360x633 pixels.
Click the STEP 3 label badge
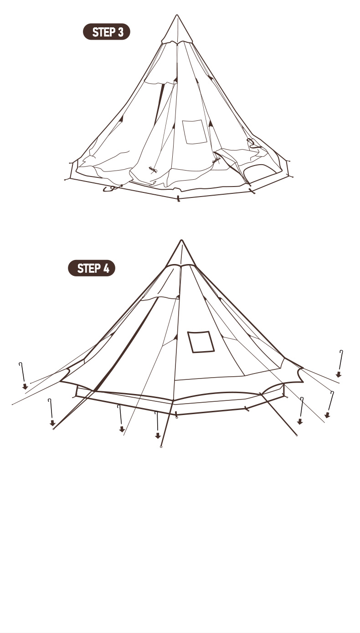(107, 31)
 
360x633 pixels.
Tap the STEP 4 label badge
(92, 268)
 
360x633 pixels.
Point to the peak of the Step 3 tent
(177, 15)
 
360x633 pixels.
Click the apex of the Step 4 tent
(181, 241)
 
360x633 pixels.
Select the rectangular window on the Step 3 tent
(194, 132)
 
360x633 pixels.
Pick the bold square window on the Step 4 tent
(201, 342)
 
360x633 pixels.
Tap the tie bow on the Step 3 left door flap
(153, 170)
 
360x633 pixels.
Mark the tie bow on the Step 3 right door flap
(216, 161)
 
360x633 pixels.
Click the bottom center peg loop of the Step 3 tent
(178, 199)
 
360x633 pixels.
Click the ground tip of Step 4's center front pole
(161, 447)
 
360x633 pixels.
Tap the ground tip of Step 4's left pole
(54, 429)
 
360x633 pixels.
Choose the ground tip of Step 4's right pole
(297, 435)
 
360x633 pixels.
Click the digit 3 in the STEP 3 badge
(121, 32)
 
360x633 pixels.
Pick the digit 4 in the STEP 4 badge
(106, 268)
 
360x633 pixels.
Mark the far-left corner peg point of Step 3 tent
(65, 179)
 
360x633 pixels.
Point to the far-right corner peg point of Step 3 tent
(292, 177)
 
